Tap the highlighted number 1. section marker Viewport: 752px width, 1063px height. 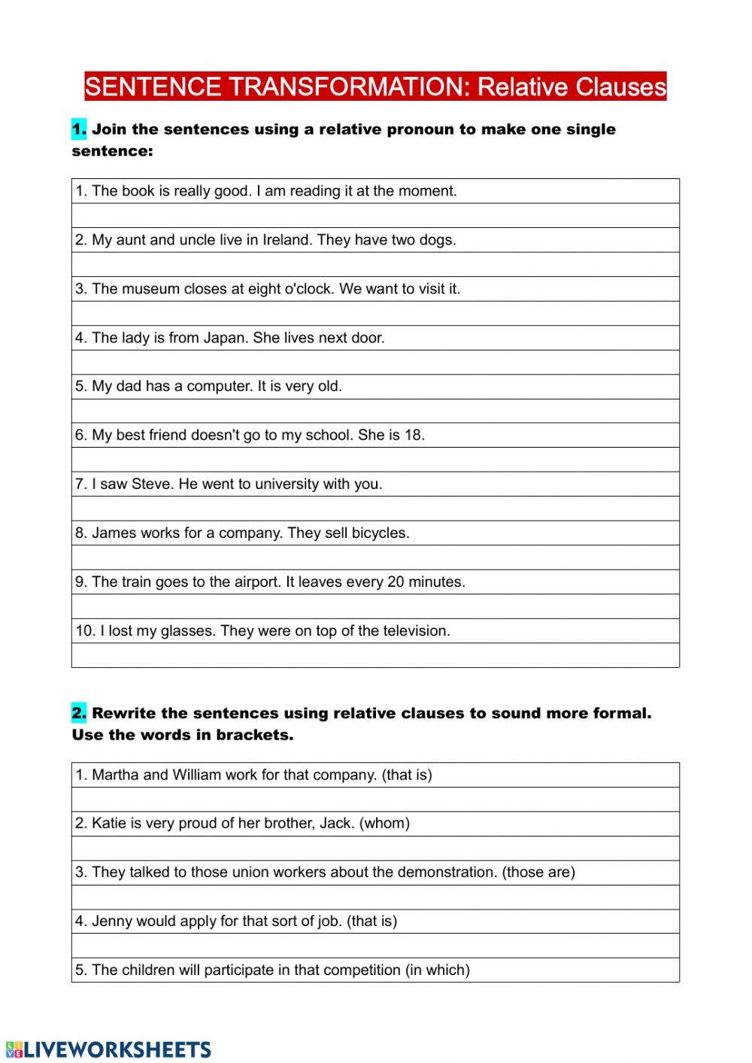[x=79, y=129]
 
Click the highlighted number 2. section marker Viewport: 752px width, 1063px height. [x=79, y=713]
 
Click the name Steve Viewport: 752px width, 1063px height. [x=151, y=484]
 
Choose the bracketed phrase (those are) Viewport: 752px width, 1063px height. [x=538, y=873]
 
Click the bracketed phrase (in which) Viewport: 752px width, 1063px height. [x=438, y=970]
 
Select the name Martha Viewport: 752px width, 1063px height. [x=115, y=775]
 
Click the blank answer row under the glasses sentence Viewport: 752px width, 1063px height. [x=375, y=655]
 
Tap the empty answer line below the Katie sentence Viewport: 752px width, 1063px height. [x=375, y=849]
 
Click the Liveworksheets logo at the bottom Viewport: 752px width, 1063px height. [x=109, y=1049]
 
